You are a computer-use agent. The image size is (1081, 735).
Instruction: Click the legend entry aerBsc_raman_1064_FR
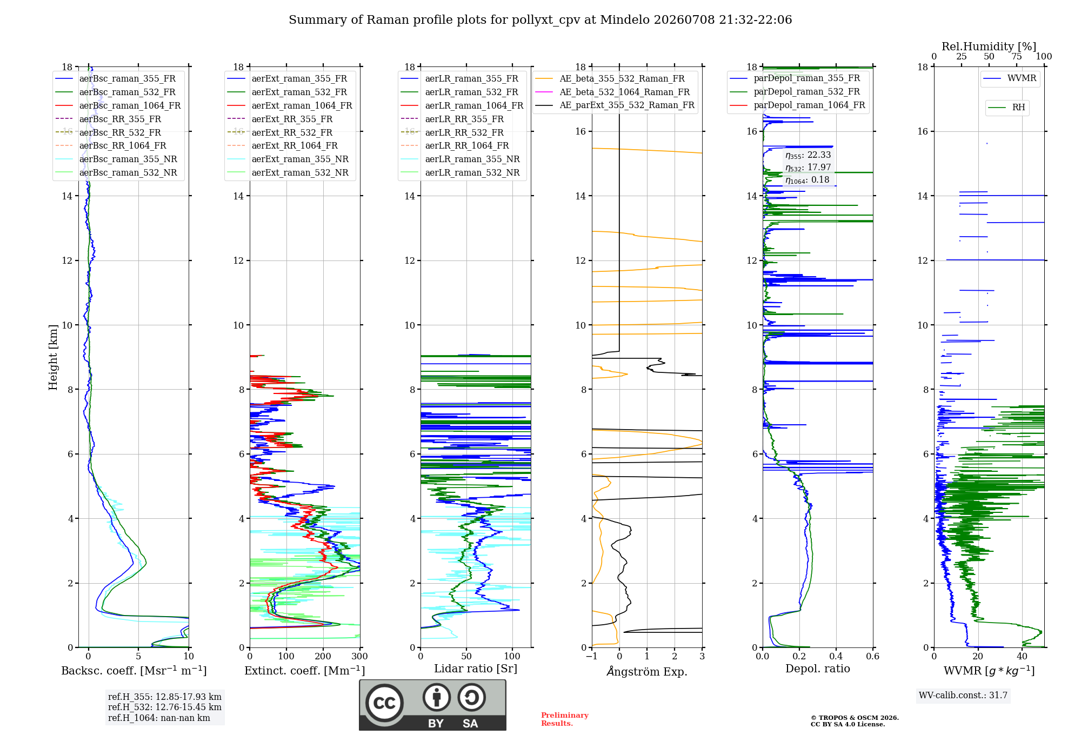[118, 105]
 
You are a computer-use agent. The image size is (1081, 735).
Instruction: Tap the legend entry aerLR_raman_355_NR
[460, 159]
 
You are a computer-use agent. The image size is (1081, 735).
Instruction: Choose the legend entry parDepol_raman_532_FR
[795, 91]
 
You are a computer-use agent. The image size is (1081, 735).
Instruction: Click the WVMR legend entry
[1010, 78]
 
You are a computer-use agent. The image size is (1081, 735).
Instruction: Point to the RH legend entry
[1006, 108]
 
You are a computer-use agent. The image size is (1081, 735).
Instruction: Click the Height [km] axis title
[53, 357]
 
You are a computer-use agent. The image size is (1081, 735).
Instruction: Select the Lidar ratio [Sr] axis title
[476, 669]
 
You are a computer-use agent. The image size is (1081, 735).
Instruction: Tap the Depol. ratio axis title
[818, 669]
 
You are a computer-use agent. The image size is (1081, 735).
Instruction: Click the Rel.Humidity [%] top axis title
[989, 46]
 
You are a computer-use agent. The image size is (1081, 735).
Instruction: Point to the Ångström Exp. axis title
[647, 671]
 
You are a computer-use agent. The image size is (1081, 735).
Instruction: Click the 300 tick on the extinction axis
[360, 656]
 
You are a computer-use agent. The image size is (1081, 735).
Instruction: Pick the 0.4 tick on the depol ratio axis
[836, 656]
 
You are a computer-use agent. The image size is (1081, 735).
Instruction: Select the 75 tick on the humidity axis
[1017, 56]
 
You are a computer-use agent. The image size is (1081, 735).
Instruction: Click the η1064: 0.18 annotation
[808, 180]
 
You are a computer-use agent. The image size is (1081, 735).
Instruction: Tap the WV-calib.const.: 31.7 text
[963, 695]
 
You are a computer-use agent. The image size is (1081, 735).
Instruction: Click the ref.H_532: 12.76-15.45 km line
[165, 707]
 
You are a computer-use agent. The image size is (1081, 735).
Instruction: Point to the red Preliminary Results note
[565, 719]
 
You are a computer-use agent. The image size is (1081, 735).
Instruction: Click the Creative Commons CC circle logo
[384, 703]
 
